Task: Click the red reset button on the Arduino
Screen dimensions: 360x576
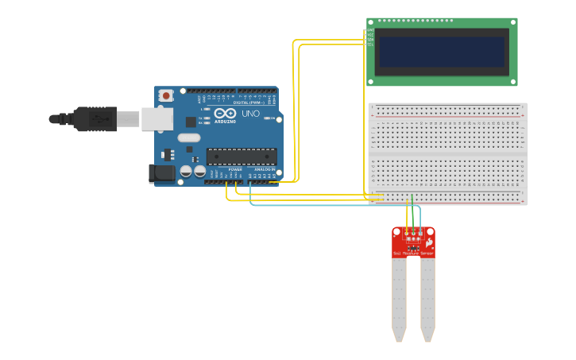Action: coord(165,95)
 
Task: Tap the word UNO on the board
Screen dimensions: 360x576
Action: coord(250,114)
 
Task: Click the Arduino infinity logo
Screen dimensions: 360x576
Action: coord(225,114)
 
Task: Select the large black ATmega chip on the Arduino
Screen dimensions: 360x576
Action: coord(242,156)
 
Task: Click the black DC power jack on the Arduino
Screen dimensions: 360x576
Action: coord(162,173)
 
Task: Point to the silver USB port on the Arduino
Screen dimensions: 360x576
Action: coord(157,119)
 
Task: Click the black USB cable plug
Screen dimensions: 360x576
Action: coord(95,118)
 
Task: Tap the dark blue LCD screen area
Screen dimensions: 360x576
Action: coord(442,52)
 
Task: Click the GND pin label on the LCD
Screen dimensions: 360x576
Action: coord(370,30)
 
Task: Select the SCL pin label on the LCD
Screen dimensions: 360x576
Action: coord(370,45)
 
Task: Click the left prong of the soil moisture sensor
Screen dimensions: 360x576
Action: coord(399,298)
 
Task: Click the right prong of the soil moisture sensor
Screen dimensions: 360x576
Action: coord(427,298)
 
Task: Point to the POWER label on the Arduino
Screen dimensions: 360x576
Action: coord(235,169)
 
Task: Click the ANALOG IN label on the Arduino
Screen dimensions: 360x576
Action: coord(264,169)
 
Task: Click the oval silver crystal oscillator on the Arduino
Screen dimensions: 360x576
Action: coord(189,137)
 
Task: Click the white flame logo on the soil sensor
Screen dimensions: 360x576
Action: coord(429,241)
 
